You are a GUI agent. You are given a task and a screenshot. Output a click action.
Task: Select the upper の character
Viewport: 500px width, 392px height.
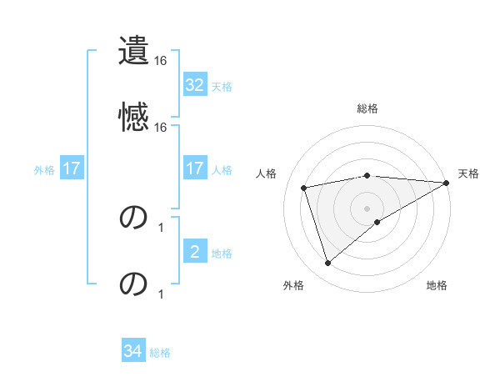pyautogui.click(x=134, y=218)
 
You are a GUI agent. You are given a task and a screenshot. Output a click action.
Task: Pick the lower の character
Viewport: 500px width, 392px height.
pyautogui.click(x=134, y=284)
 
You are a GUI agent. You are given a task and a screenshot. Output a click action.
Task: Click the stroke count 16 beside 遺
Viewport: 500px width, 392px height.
pyautogui.click(x=161, y=62)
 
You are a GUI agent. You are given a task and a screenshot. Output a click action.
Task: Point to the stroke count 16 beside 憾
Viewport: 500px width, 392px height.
pyautogui.click(x=161, y=128)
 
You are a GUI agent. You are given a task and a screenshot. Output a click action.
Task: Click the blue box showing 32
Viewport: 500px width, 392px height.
pyautogui.click(x=194, y=85)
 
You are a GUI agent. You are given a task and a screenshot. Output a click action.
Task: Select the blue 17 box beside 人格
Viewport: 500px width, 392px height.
pyautogui.click(x=194, y=168)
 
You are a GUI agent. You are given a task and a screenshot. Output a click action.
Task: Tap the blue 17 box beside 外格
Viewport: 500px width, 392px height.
pyautogui.click(x=72, y=168)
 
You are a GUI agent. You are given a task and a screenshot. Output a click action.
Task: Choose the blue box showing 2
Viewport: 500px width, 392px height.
pyautogui.click(x=194, y=251)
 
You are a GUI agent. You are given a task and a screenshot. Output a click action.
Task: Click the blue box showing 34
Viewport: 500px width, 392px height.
pyautogui.click(x=133, y=351)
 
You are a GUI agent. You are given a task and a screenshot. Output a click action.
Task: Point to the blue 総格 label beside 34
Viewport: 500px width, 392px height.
pyautogui.click(x=160, y=353)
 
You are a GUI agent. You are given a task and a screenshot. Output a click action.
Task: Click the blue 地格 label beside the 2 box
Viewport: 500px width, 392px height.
pyautogui.click(x=222, y=253)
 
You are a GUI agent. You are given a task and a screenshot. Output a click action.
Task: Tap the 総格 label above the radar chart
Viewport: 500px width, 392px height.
pyautogui.click(x=367, y=108)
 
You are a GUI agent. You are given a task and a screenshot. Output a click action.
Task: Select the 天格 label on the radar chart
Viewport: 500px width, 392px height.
pyautogui.click(x=468, y=173)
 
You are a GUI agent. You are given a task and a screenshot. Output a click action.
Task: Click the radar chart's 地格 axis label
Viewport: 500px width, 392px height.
pyautogui.click(x=437, y=286)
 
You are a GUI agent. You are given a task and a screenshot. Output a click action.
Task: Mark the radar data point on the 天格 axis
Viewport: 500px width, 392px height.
pyautogui.click(x=447, y=183)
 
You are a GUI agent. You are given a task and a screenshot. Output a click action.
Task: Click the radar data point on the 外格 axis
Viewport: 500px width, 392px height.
pyautogui.click(x=327, y=264)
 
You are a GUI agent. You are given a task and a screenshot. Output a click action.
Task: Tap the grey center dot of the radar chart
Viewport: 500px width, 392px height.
pyautogui.click(x=367, y=208)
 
